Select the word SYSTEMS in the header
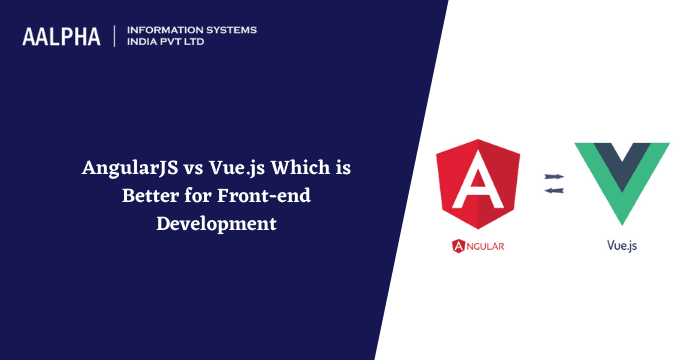coord(230,30)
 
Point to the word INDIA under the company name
coord(145,43)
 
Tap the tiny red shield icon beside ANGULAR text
coord(459,244)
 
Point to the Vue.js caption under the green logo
coord(622,244)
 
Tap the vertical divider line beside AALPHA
coord(117,36)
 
